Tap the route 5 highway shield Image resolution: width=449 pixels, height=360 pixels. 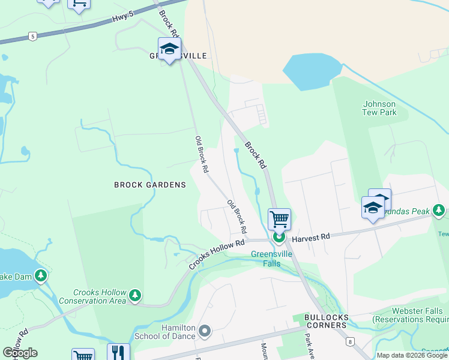click(x=32, y=37)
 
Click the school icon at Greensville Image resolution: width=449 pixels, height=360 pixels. click(x=169, y=49)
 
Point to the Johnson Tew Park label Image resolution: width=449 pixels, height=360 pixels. click(x=379, y=108)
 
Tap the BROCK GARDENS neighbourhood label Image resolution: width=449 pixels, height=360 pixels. click(x=150, y=185)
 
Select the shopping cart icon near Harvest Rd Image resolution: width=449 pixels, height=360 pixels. click(x=279, y=219)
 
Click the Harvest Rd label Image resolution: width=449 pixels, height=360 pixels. click(x=311, y=238)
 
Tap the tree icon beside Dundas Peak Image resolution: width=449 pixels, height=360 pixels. click(x=439, y=211)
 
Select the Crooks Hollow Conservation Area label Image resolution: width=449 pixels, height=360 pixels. click(x=100, y=296)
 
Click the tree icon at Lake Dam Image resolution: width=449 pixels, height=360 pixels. click(x=41, y=276)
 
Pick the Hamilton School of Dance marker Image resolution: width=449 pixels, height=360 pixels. click(x=205, y=331)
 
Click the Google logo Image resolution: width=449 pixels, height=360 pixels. click(x=20, y=353)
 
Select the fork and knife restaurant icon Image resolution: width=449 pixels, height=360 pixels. click(x=118, y=352)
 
